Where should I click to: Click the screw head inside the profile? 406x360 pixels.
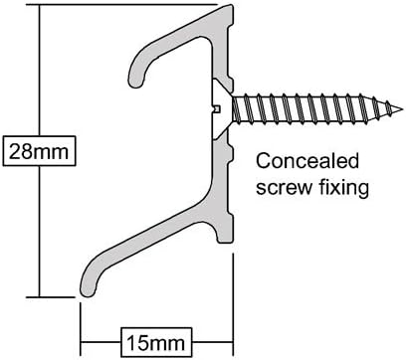(222, 103)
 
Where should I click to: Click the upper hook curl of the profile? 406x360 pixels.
(139, 74)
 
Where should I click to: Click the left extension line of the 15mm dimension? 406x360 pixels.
(81, 318)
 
